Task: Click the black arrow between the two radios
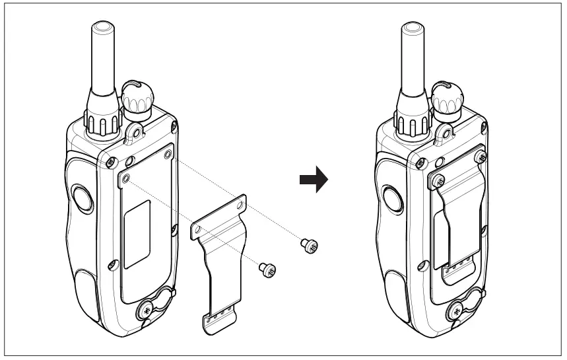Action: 314,179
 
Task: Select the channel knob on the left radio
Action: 135,98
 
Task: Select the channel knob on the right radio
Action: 448,98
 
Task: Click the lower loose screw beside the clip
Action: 267,269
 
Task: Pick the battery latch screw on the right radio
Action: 457,308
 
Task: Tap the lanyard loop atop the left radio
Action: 137,131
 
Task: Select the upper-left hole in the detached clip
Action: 196,229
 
